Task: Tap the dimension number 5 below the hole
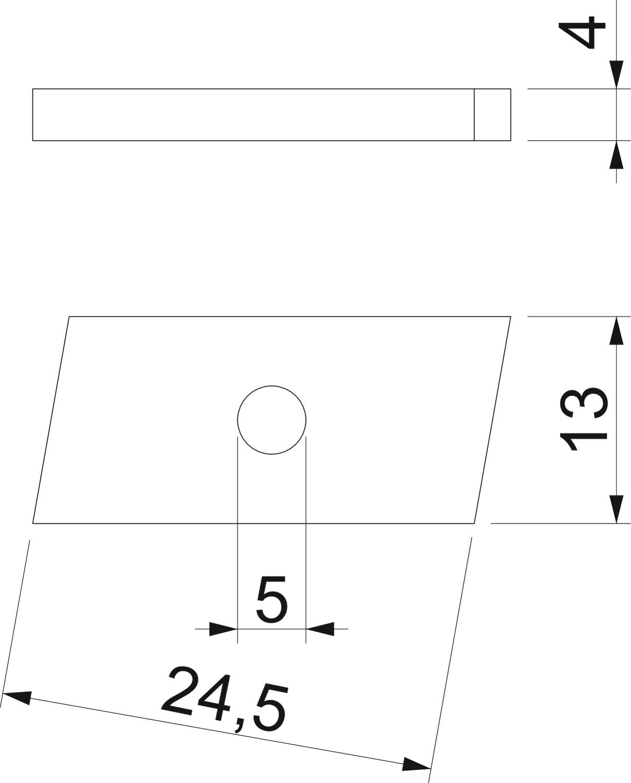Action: (x=272, y=603)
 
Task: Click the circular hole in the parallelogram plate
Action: (x=272, y=420)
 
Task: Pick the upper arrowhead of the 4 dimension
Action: (x=616, y=75)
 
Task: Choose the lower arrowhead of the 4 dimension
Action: (x=616, y=155)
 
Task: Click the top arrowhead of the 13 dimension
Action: (x=616, y=331)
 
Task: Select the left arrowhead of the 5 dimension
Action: (x=223, y=628)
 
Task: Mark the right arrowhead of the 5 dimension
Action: (x=320, y=628)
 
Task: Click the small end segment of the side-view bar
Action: (x=492, y=114)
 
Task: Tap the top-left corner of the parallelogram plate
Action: (x=69, y=317)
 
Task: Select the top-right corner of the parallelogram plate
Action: (x=510, y=317)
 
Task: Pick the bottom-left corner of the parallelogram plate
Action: (x=33, y=523)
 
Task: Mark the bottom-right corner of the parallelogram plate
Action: (x=474, y=523)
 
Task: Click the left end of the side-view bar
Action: (x=33, y=114)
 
